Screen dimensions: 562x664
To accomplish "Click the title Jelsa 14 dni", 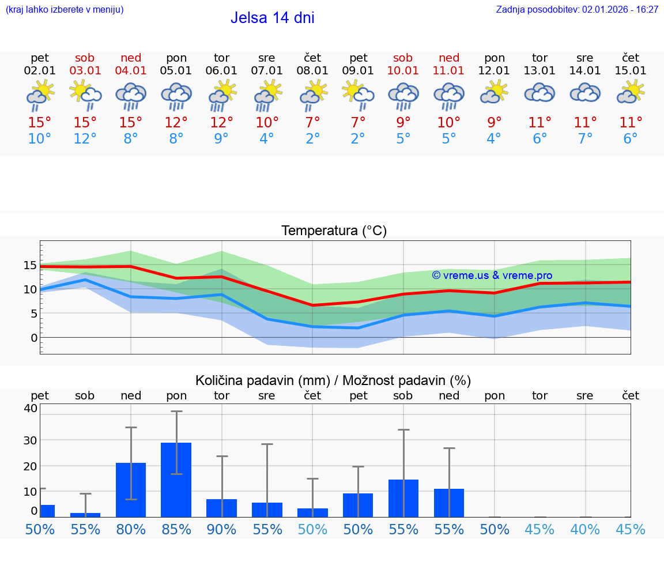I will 272,18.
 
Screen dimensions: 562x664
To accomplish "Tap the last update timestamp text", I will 577,9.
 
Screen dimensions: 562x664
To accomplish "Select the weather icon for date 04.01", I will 131,96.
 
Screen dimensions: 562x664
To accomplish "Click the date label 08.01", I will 312,71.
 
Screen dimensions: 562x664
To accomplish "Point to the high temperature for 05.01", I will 176,123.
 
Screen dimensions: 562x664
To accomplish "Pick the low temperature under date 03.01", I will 85,139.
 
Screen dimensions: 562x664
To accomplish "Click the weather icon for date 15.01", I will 631,92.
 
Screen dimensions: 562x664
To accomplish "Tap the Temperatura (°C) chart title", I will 334,231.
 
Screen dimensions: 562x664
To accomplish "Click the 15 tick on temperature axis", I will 31,265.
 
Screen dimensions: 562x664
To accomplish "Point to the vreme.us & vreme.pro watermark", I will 492,276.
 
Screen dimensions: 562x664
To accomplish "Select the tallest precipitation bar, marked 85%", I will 176,480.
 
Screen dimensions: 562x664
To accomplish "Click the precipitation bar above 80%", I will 131,489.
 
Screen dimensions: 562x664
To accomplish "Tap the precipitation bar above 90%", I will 222,508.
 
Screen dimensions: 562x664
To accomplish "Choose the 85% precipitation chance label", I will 176,530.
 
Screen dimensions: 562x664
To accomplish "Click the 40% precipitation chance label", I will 585,530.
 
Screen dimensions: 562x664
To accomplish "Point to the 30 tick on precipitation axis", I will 30,440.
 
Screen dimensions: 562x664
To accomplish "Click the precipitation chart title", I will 333,380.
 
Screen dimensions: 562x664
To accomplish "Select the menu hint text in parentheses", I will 64,9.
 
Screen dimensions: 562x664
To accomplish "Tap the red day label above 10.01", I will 403,58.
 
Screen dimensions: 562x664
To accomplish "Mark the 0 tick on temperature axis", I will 34,338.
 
